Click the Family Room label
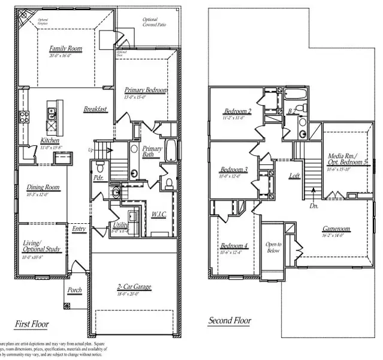66,49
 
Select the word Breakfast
95,109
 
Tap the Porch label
75,290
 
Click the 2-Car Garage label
134,288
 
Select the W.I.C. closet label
159,214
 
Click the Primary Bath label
152,151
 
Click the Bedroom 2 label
237,111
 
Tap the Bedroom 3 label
233,169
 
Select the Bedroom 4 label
233,246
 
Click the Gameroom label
336,229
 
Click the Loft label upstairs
294,176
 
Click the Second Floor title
230,321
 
